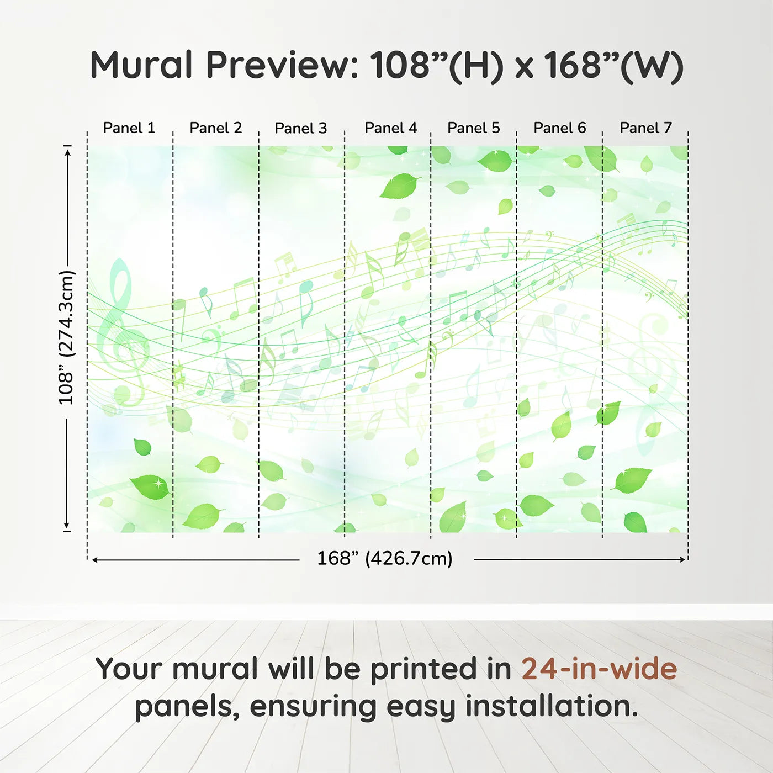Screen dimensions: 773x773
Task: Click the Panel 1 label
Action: (x=129, y=128)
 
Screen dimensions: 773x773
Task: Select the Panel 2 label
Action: (x=215, y=128)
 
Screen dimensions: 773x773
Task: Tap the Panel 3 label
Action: (x=301, y=128)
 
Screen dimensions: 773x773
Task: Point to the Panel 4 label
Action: (x=390, y=128)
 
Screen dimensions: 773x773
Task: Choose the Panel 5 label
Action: (x=473, y=128)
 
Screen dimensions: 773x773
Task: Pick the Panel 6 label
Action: (x=559, y=128)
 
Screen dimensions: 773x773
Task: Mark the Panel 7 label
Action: (x=645, y=128)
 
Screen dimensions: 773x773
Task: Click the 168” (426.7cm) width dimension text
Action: (x=385, y=558)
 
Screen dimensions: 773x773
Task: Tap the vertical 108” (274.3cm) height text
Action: (x=66, y=337)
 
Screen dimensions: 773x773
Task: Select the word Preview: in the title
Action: (x=282, y=65)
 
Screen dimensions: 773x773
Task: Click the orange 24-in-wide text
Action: (x=599, y=669)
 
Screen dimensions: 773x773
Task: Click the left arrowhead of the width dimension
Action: (x=96, y=560)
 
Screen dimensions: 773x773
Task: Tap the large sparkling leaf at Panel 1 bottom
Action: (x=151, y=486)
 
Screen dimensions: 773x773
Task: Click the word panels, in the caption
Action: (x=187, y=707)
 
